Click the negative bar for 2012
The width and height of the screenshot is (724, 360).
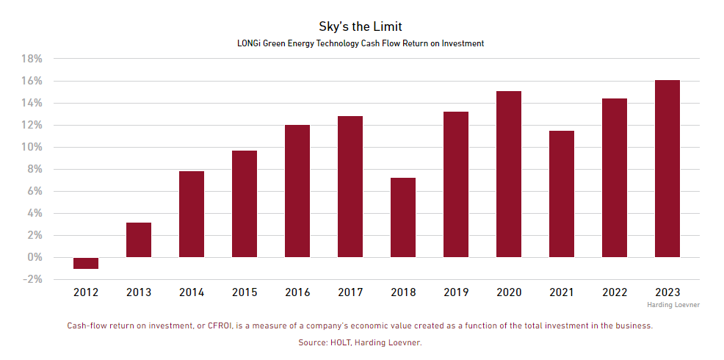tap(86, 263)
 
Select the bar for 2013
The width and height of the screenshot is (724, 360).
tap(139, 240)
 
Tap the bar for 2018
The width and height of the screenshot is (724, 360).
tap(403, 217)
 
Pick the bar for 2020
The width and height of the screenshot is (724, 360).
tap(509, 174)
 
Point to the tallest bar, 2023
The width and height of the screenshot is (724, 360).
tap(667, 168)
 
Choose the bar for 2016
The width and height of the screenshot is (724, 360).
tap(297, 191)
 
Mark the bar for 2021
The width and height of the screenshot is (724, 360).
tap(562, 194)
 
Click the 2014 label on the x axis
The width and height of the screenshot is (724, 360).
tap(192, 292)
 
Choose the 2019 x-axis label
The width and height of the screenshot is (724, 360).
tap(456, 292)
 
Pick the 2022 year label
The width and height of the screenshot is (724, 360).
tap(615, 292)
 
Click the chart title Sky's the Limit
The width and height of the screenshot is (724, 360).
tap(361, 27)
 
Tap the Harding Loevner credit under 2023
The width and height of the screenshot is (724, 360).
tap(673, 304)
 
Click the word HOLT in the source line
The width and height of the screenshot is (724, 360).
tap(340, 342)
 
